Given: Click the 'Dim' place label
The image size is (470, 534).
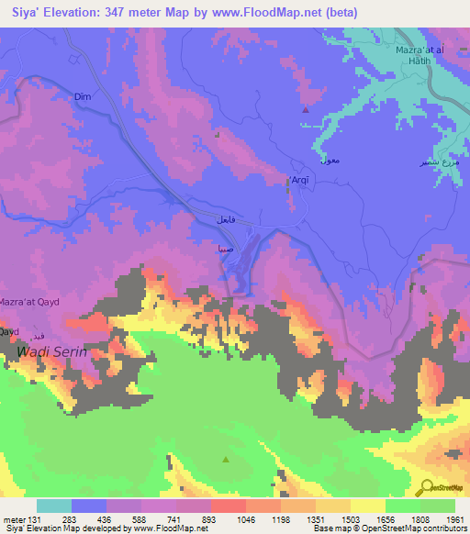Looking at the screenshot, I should coord(83,95).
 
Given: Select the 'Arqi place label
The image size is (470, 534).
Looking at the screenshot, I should coord(300,179).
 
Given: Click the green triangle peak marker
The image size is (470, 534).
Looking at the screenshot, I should coord(227,459).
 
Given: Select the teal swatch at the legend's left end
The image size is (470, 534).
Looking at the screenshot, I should coord(54,506).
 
